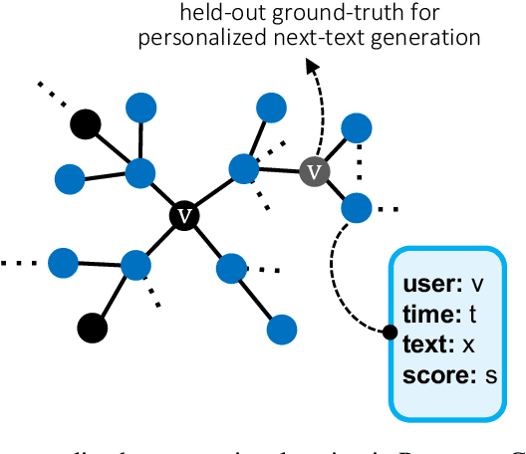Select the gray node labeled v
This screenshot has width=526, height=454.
(x=316, y=172)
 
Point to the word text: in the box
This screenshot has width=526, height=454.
(x=429, y=344)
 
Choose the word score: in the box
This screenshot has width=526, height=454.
(x=438, y=375)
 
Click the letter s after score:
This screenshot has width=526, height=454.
(x=488, y=376)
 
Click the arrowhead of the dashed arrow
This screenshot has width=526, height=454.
(x=314, y=67)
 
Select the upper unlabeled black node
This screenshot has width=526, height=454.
(x=86, y=124)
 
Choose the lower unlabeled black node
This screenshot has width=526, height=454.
(x=93, y=326)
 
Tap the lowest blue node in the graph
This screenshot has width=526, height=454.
(x=284, y=328)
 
